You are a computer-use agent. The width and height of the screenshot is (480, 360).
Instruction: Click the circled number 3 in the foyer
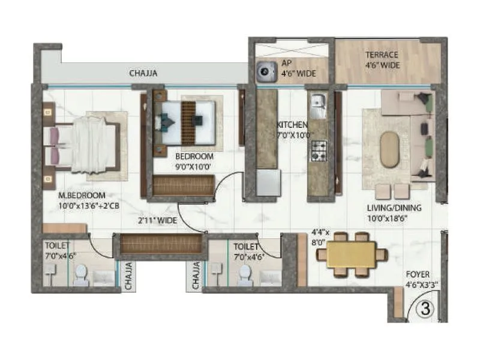point(425,310)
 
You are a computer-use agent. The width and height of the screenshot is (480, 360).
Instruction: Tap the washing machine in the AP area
point(265,72)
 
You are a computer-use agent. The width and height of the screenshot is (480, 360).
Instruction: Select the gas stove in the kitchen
point(318,150)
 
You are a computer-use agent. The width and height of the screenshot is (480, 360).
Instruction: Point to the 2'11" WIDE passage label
point(157,221)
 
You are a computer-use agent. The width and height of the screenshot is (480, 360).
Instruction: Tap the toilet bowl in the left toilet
point(80,275)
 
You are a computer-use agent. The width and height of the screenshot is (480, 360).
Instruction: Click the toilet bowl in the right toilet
point(245,275)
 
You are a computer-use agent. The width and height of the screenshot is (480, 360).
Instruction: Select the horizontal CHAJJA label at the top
point(143,74)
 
